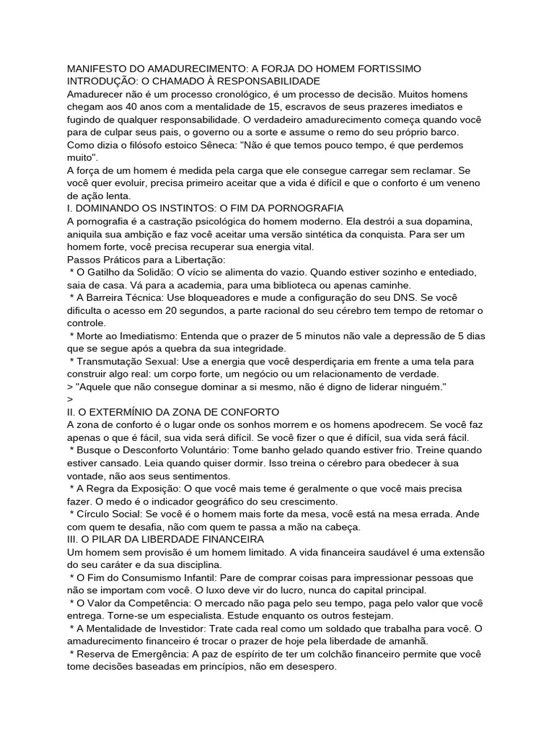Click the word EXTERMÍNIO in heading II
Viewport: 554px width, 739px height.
click(113, 412)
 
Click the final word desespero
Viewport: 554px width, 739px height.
click(311, 668)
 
